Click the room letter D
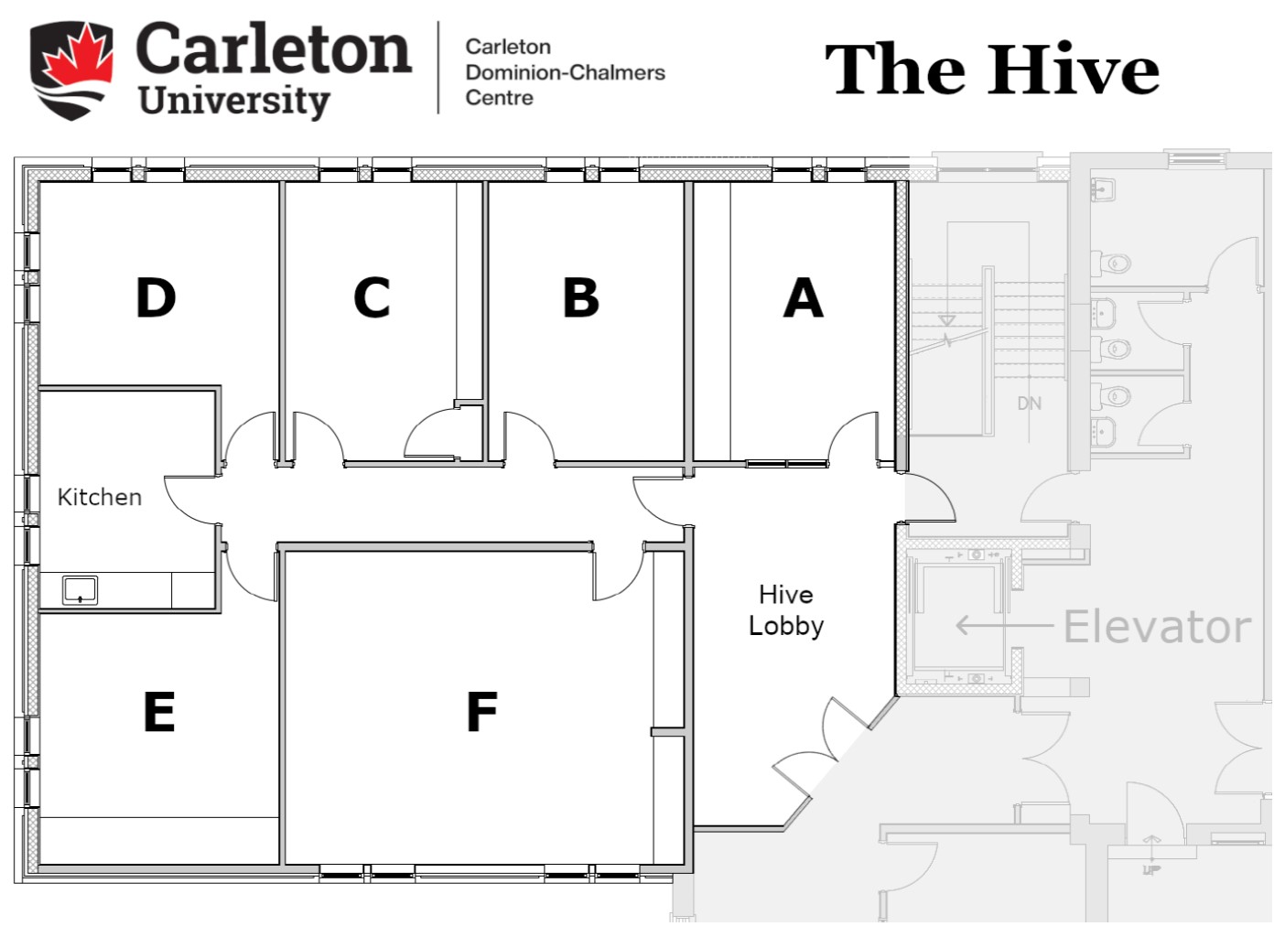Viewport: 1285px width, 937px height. pyautogui.click(x=156, y=297)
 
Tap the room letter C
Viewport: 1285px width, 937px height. pyautogui.click(x=372, y=297)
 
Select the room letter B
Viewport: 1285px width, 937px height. pyautogui.click(x=580, y=297)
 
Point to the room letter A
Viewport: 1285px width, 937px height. pyautogui.click(x=804, y=297)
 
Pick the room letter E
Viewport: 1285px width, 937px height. pyautogui.click(x=159, y=712)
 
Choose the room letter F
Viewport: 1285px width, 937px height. pyautogui.click(x=481, y=712)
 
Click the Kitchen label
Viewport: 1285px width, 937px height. pyautogui.click(x=99, y=497)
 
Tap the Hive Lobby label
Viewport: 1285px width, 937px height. pyautogui.click(x=786, y=610)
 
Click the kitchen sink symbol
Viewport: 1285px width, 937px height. pyautogui.click(x=80, y=590)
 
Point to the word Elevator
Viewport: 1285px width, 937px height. pyautogui.click(x=1157, y=627)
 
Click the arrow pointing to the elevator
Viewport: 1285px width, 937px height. pyautogui.click(x=1004, y=625)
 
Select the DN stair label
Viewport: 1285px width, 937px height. pyautogui.click(x=1029, y=404)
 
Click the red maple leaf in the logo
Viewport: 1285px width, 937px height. pyautogui.click(x=77, y=56)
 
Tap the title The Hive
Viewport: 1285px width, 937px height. pyautogui.click(x=992, y=69)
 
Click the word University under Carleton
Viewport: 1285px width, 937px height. pyautogui.click(x=234, y=102)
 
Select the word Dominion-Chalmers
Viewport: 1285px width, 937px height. pyautogui.click(x=565, y=73)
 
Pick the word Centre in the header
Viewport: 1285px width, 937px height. pyautogui.click(x=499, y=98)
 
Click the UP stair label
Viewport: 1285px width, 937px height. pyautogui.click(x=1151, y=870)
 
